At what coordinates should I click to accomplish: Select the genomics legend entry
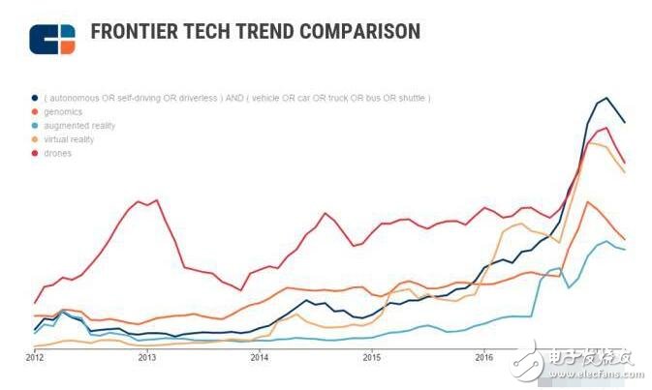62,112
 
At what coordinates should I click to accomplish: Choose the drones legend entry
58,153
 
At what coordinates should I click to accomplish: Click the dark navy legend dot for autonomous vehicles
35,99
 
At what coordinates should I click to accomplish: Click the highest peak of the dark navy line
606,98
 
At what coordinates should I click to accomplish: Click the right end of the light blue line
624,250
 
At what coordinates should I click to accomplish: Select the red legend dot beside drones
35,153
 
